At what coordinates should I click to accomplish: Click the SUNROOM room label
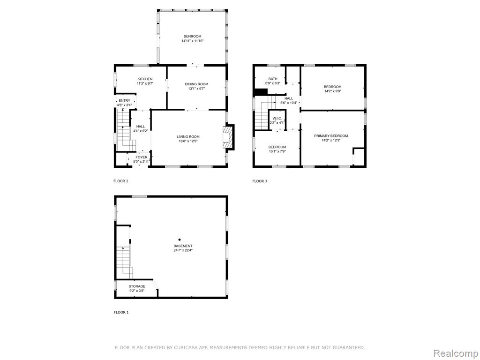(x=192, y=37)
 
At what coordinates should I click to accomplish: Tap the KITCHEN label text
(x=145, y=79)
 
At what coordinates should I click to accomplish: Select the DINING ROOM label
(x=196, y=84)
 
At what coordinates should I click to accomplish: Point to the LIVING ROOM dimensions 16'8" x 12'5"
(x=188, y=141)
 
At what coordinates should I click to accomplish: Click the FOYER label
(x=142, y=157)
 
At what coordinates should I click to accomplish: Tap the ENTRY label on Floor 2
(x=124, y=101)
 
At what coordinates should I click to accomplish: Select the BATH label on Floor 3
(x=273, y=79)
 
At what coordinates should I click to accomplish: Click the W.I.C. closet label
(x=277, y=118)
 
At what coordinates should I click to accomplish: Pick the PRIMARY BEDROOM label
(x=331, y=136)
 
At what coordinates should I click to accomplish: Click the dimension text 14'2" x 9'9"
(x=332, y=91)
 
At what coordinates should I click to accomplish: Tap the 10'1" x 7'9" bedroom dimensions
(x=277, y=151)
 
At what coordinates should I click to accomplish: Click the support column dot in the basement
(x=180, y=240)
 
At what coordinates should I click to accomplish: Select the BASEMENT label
(x=183, y=246)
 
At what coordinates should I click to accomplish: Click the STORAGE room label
(x=137, y=286)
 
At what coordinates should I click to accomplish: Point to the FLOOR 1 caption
(x=121, y=312)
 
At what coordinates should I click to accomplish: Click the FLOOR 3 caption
(x=260, y=181)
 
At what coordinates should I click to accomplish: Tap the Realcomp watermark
(x=455, y=353)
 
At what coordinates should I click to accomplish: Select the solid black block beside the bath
(x=261, y=92)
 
